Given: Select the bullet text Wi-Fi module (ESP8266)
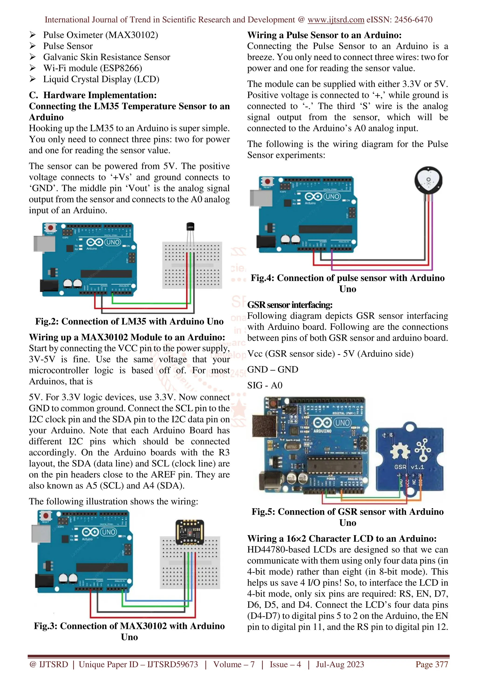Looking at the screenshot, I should pos(92,68).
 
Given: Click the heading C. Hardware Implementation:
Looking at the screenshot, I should pos(93,95).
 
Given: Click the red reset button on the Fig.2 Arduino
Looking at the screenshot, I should pos(51,228).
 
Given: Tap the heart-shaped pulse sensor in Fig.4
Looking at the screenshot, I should pos(428,180).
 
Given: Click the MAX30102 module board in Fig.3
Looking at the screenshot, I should pos(190,532).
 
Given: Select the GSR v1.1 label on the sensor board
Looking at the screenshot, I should pos(409,467).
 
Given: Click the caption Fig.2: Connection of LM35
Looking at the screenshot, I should pos(129,321).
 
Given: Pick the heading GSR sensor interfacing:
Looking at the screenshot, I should pos(290,305).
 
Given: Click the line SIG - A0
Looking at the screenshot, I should pos(265,385).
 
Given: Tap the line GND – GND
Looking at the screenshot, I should pos(273,369).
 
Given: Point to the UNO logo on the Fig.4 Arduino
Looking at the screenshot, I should pos(332,196).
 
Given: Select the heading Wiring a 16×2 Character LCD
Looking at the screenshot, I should pos(342,538).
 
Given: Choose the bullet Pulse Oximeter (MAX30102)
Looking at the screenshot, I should pos(101,35).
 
